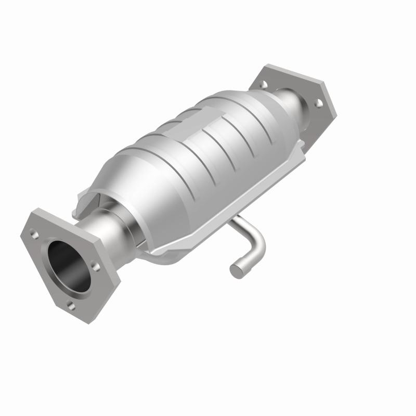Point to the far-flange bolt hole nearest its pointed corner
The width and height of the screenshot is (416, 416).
click(319, 102)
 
